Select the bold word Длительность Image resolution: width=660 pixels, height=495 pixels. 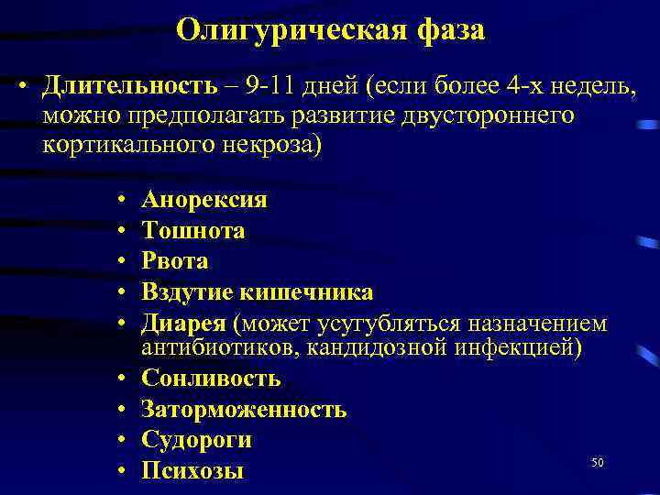(x=129, y=87)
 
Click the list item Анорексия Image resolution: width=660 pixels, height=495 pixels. (x=204, y=200)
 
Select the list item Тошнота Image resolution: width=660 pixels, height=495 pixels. (x=192, y=230)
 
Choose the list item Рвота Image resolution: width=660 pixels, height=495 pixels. (x=174, y=260)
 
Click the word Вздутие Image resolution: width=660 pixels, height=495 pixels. (x=187, y=291)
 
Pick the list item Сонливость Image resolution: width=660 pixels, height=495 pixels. (x=211, y=378)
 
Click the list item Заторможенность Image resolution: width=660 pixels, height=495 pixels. (x=244, y=409)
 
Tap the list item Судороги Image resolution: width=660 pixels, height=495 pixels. (x=196, y=440)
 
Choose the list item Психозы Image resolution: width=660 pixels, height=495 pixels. (x=192, y=471)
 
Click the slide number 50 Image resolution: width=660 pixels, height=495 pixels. (x=598, y=463)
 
